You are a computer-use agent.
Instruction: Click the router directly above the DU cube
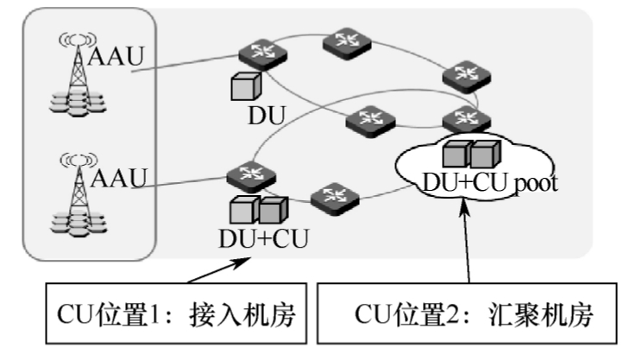(x=256, y=54)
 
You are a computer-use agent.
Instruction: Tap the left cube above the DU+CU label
(x=244, y=211)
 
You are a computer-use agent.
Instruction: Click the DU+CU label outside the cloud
(x=263, y=237)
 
